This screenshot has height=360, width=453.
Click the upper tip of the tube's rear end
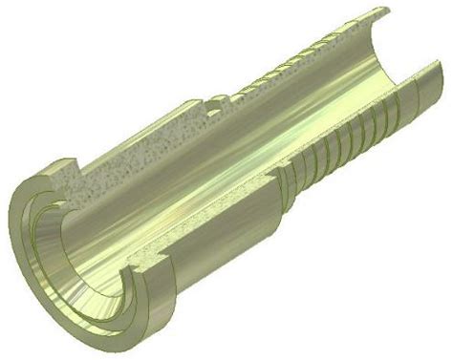point(381,12)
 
